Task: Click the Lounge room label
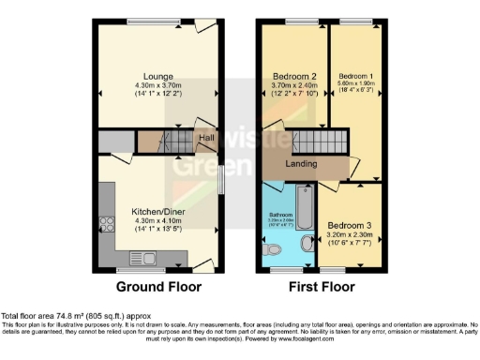click(x=156, y=75)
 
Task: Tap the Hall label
click(x=205, y=138)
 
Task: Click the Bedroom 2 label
click(x=292, y=75)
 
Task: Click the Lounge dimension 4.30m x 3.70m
click(x=156, y=85)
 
